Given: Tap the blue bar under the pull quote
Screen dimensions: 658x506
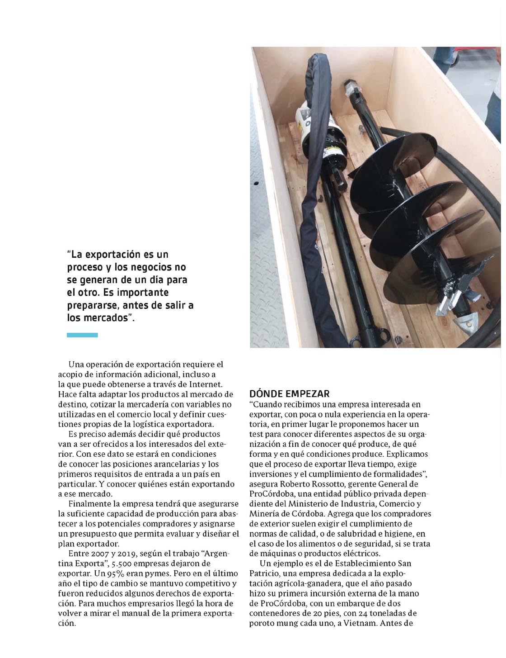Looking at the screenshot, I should tap(82, 335).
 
